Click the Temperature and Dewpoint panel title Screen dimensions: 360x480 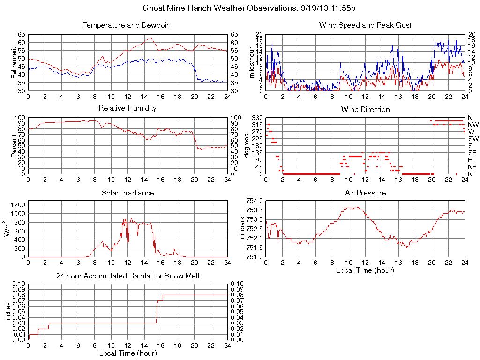127,25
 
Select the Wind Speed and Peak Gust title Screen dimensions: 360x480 365,25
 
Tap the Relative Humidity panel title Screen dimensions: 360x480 127,108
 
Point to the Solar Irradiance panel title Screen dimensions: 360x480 127,193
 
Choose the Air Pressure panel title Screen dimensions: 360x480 365,193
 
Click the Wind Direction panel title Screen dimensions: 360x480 365,109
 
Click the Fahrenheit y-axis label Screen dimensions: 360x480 14,62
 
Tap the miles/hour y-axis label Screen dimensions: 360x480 252,62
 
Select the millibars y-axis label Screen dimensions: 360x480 242,229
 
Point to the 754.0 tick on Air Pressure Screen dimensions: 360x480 255,201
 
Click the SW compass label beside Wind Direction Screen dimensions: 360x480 472,139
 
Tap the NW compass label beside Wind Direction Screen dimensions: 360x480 472,125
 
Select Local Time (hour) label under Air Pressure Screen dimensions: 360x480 365,270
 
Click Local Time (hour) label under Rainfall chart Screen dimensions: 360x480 127,353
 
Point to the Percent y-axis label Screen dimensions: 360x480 14,146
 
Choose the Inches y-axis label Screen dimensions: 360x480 8,312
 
